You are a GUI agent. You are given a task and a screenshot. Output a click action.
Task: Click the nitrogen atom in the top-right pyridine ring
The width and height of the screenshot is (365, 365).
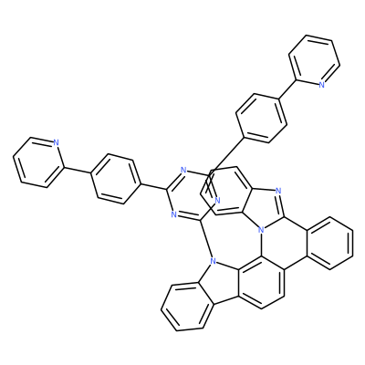tap(321, 85)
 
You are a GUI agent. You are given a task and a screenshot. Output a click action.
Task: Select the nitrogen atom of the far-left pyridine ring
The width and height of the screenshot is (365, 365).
tap(56, 142)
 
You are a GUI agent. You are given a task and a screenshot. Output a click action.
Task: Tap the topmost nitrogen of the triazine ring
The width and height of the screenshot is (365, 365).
tap(182, 170)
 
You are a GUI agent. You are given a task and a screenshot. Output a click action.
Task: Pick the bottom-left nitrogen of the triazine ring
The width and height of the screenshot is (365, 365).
tap(173, 214)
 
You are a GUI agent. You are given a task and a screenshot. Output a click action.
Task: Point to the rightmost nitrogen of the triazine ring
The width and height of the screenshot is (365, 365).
tap(217, 200)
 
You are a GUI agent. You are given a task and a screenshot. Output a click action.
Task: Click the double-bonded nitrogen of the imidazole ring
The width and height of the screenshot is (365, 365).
tap(277, 191)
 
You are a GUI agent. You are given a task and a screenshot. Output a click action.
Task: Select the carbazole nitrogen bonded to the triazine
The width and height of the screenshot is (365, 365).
tap(213, 261)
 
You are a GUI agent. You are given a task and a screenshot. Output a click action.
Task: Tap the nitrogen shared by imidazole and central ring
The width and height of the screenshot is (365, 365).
tap(260, 230)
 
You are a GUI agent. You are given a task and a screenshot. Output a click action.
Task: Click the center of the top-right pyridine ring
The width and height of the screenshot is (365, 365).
tap(314, 60)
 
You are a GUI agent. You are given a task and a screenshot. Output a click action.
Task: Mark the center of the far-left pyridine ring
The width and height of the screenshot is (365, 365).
tap(37, 162)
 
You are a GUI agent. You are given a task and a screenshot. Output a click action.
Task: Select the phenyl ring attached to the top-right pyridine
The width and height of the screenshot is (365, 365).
tap(261, 118)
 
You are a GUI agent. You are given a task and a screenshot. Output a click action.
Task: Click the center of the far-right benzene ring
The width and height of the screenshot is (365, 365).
tap(329, 244)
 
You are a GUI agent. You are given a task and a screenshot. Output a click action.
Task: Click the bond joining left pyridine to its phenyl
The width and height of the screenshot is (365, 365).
tap(77, 171)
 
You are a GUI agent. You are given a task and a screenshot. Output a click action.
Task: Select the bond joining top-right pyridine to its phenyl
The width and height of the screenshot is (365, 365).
tap(287, 89)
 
